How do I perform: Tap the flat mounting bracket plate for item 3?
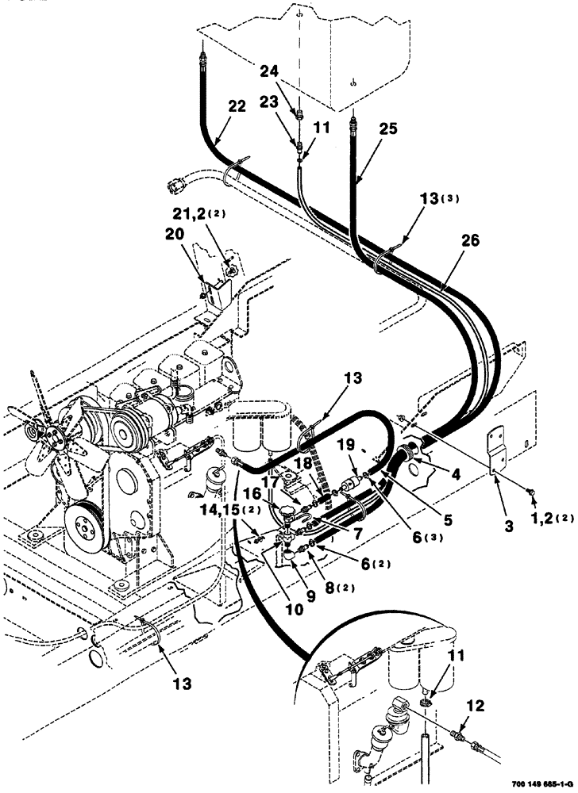coord(496,450)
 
